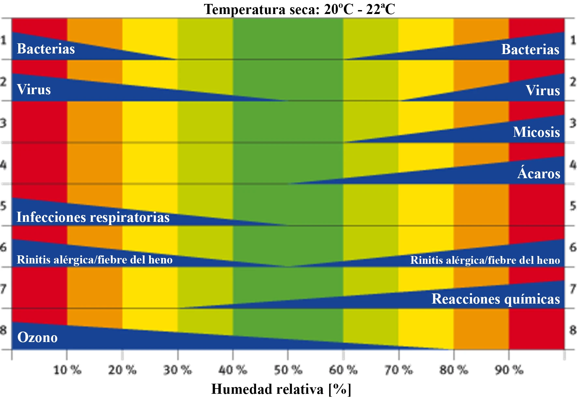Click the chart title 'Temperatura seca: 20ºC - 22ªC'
coord(299,9)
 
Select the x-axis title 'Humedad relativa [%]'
coord(281,389)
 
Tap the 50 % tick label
coord(288,370)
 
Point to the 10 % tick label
coord(67,370)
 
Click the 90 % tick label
coord(509,370)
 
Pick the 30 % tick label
coord(177,370)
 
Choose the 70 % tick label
coord(398,370)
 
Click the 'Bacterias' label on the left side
coord(46,49)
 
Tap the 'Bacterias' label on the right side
coord(530,50)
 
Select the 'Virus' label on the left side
coord(34,90)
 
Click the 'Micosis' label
coord(536,132)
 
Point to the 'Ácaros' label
coord(539,173)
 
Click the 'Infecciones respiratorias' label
coord(93,217)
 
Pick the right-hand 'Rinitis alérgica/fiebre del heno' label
coord(485,260)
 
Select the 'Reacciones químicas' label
coord(496,299)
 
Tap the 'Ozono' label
coord(37,337)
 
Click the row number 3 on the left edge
coord(3,123)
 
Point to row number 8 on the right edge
coord(573,330)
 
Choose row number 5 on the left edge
coord(3,206)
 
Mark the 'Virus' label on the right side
coord(542,90)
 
